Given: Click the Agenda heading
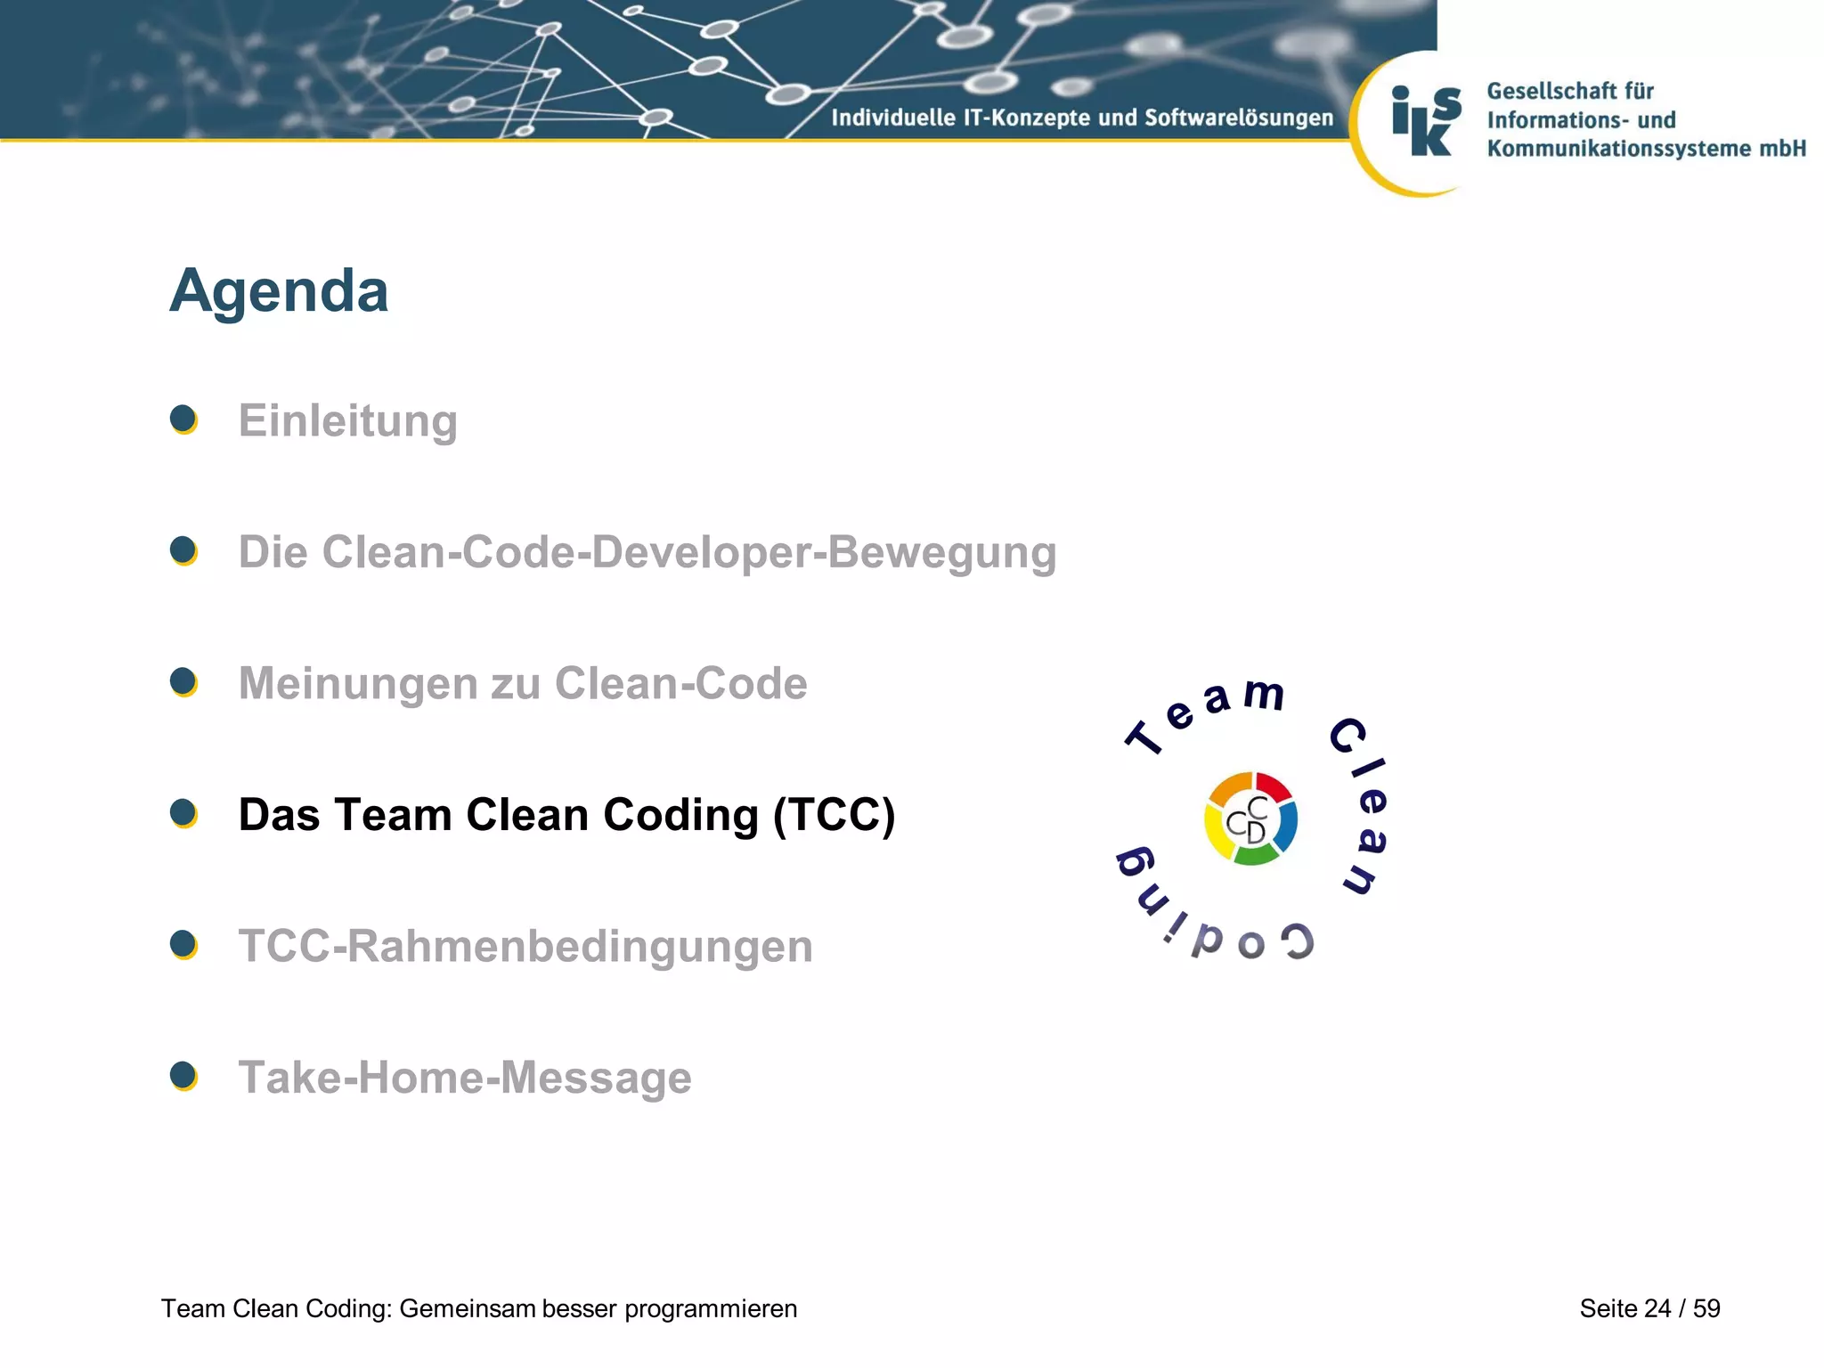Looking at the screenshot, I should (279, 291).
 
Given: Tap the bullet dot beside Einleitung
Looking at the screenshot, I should (183, 419).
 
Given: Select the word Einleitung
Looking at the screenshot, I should (347, 420).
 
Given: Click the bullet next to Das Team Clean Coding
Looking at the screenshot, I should (183, 813).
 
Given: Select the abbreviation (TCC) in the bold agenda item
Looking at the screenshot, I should (834, 815).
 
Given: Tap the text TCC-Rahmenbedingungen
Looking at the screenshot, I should (525, 946).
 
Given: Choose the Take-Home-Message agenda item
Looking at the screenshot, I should (465, 1078).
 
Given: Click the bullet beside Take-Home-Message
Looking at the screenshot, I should (183, 1076).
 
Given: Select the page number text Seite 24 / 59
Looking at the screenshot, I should (1649, 1308).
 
